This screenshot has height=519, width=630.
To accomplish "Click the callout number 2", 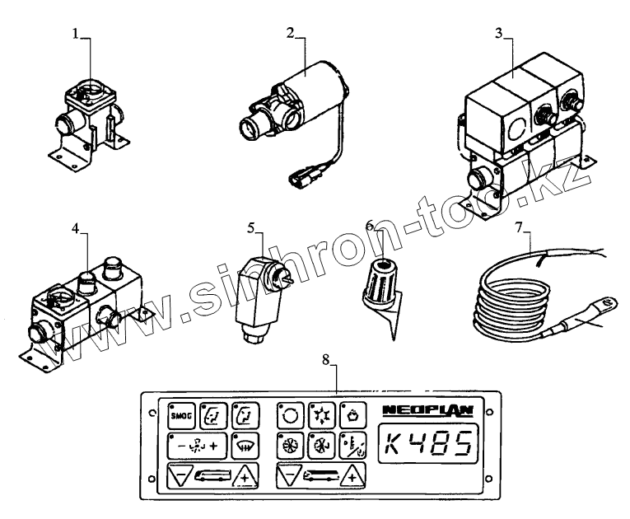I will tap(291, 34).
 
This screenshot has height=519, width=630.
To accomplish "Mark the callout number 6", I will tap(370, 225).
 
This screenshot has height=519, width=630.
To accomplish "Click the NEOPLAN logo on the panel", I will tap(417, 409).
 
